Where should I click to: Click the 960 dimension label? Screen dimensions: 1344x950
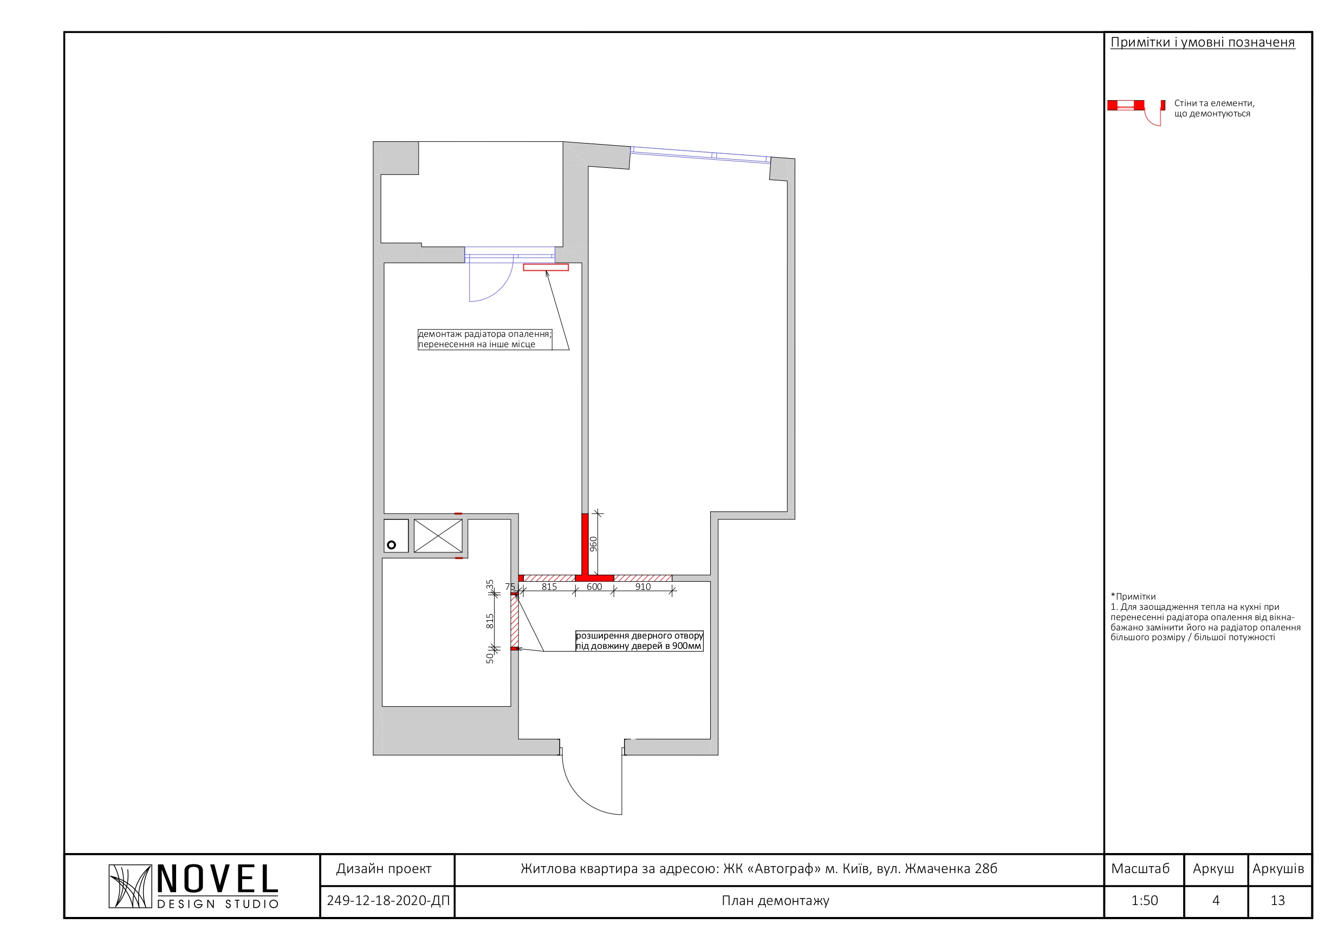point(593,544)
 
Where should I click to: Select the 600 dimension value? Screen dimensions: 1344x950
point(594,587)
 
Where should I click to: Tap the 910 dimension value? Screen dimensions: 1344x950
point(642,587)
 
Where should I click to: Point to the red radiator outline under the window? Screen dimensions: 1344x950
point(546,268)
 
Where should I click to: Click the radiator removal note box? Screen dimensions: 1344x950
point(485,340)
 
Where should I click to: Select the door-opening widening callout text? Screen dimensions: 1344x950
point(639,641)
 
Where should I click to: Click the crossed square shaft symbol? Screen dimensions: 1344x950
point(438,536)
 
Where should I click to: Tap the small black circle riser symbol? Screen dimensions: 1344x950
point(392,545)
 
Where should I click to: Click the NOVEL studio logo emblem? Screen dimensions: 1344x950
point(130,886)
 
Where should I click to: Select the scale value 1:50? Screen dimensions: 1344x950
point(1145,900)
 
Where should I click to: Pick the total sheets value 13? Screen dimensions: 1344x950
point(1278,900)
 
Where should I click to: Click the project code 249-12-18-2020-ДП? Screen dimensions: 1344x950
point(388,900)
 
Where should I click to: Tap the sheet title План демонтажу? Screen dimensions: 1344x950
point(776,901)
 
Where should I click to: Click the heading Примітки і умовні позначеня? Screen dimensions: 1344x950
point(1203,42)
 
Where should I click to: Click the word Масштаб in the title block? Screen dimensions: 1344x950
point(1140,869)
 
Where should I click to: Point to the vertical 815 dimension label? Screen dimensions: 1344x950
point(490,621)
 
